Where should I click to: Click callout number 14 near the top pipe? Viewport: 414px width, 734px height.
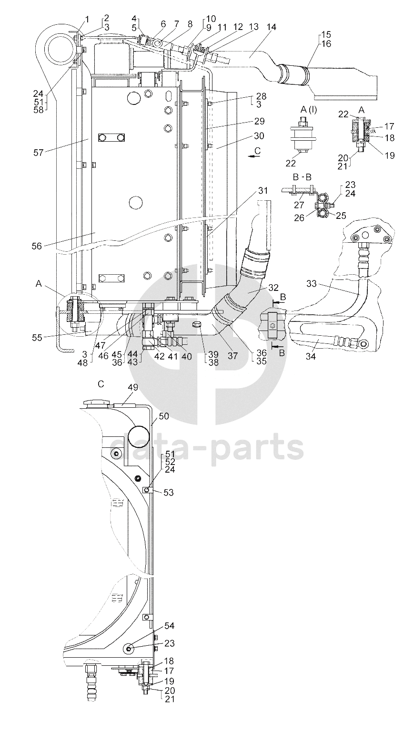(x=271, y=27)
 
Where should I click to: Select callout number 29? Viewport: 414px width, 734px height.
(x=259, y=121)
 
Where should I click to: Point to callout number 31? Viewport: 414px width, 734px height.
(x=263, y=190)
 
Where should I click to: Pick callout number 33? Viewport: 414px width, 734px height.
(x=312, y=283)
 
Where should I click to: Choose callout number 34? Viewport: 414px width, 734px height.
(x=311, y=356)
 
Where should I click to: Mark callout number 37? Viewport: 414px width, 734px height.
(x=232, y=356)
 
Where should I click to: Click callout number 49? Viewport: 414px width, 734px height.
(x=133, y=387)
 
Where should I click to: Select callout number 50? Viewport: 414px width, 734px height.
(x=163, y=416)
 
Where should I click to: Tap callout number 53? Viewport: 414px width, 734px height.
(x=168, y=492)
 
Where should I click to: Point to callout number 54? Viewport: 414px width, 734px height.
(x=169, y=626)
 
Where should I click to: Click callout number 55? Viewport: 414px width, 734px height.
(x=37, y=338)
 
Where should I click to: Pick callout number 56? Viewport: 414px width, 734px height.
(x=37, y=246)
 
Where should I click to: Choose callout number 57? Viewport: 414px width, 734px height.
(x=38, y=152)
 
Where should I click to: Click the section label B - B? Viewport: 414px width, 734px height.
(x=302, y=177)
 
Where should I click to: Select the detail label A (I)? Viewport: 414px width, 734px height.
(x=308, y=110)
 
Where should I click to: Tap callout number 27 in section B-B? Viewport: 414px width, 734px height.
(x=299, y=205)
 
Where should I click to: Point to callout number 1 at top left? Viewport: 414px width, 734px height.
(x=87, y=20)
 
